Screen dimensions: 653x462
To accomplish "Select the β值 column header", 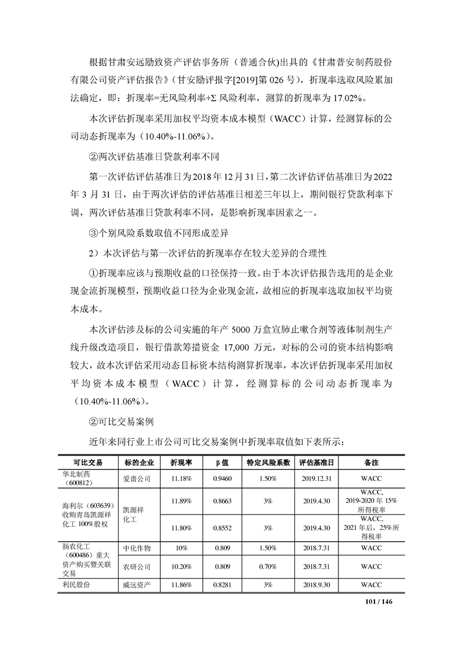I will tap(220, 463).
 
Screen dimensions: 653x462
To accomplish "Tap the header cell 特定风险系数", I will tap(268, 463).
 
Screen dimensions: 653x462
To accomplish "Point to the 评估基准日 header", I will tap(318, 463).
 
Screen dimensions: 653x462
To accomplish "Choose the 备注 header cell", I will tap(371, 463).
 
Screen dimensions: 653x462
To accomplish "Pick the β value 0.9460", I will tap(220, 478).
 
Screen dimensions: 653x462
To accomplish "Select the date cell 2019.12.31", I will tap(318, 478).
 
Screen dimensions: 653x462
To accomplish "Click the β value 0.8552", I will tap(220, 528).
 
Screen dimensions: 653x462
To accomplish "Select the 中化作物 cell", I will tap(137, 548).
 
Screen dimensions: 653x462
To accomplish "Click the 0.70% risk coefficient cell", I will tap(268, 566).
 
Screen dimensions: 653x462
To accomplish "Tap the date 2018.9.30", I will tap(318, 584).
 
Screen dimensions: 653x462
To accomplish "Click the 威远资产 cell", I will tap(137, 584).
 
